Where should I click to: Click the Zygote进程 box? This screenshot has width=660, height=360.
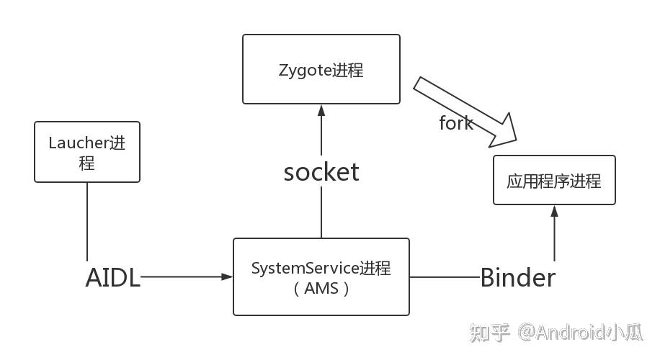(x=321, y=69)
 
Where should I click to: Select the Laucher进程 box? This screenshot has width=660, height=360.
(x=87, y=152)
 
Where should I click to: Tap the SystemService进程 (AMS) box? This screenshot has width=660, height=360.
(x=321, y=277)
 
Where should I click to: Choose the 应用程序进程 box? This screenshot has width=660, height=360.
(x=553, y=180)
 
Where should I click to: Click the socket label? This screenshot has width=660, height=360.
(x=321, y=172)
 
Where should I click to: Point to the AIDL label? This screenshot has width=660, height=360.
(x=112, y=277)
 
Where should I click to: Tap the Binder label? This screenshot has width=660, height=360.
(x=517, y=277)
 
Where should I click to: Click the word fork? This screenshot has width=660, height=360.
(x=456, y=123)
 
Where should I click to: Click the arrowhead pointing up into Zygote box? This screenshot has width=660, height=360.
(x=321, y=110)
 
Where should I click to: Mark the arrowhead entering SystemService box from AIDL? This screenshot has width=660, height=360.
(x=227, y=276)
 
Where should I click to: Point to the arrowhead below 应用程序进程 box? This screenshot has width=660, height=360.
(x=554, y=211)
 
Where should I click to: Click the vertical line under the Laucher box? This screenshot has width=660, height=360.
(x=87, y=220)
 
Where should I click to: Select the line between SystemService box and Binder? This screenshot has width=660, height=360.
(x=444, y=276)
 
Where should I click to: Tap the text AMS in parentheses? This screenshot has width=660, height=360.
(x=321, y=289)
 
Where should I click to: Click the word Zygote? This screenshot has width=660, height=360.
(x=305, y=70)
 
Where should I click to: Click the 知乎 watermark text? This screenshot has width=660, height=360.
(x=490, y=332)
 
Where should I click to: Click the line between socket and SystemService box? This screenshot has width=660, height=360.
(x=321, y=212)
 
